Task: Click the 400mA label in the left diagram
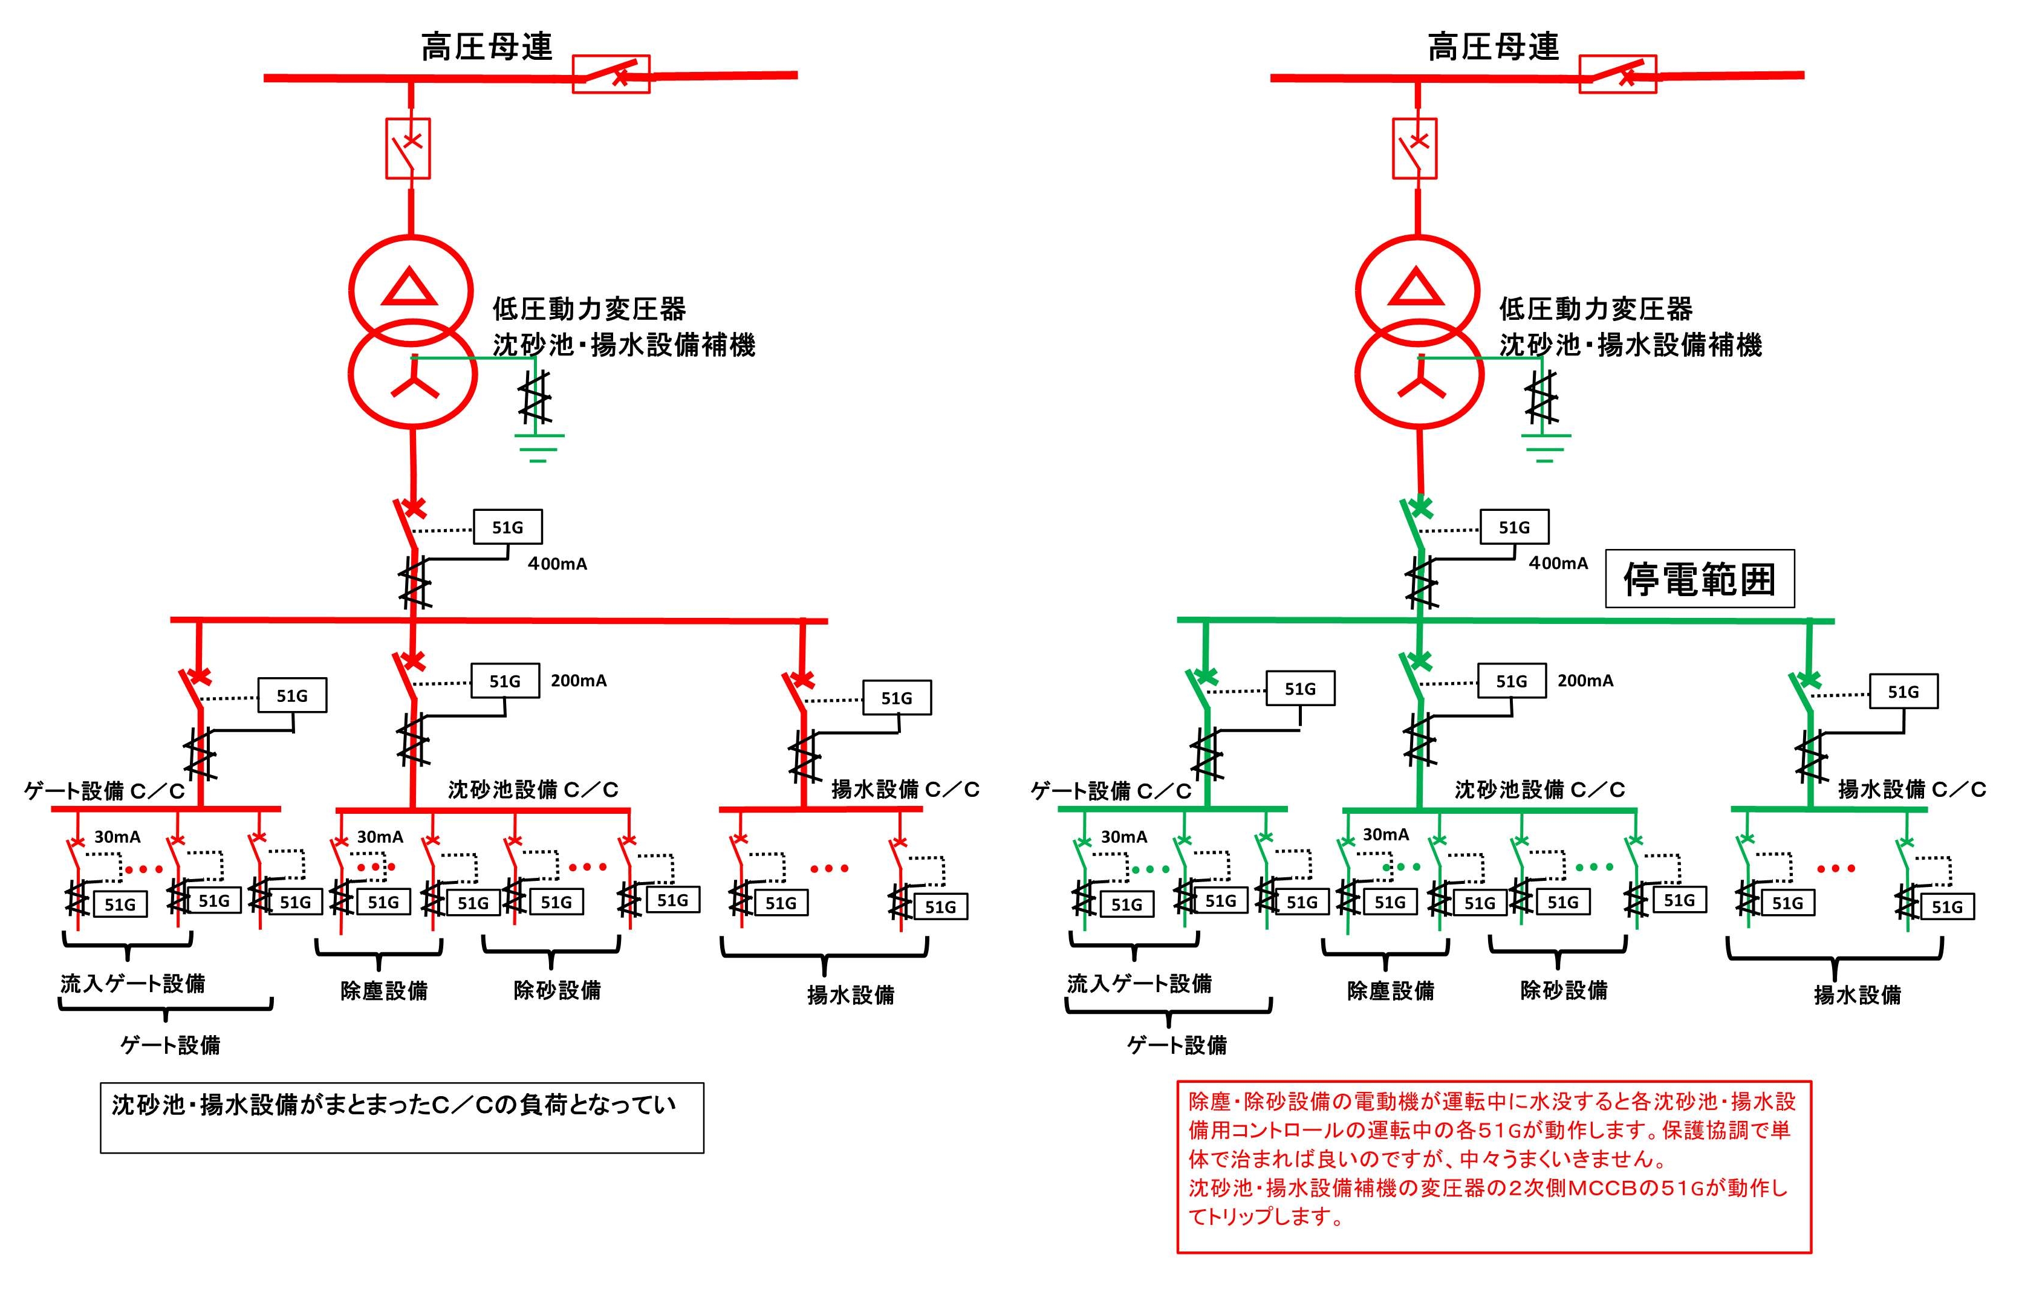tap(557, 564)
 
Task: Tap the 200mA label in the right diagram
tap(1585, 681)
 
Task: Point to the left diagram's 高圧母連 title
tap(487, 47)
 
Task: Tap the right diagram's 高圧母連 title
tap(1494, 47)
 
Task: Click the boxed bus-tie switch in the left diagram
tap(611, 74)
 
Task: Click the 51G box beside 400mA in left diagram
tap(507, 527)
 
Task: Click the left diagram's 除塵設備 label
tap(384, 991)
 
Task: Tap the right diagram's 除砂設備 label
tap(1564, 990)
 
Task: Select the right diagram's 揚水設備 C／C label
tap(1911, 790)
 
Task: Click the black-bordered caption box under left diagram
tap(401, 1118)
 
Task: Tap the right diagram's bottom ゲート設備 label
tap(1177, 1045)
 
